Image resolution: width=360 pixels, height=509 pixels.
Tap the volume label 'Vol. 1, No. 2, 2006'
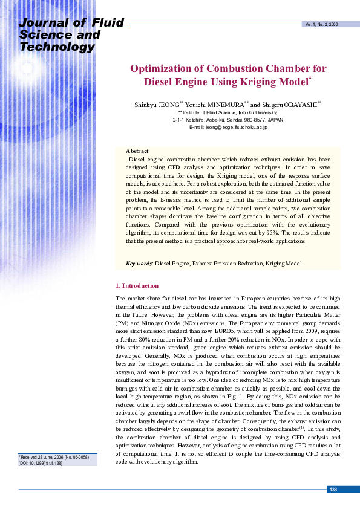(x=321, y=24)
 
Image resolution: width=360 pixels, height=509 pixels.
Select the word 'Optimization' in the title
(x=159, y=68)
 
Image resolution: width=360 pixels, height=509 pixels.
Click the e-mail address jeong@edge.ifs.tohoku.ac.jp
(x=229, y=127)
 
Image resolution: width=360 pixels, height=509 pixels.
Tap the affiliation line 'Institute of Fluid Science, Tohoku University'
(x=228, y=112)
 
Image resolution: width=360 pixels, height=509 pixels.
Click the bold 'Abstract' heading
(x=137, y=151)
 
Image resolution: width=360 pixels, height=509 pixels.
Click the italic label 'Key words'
(x=139, y=264)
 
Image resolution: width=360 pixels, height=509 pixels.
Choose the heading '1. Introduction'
(x=137, y=285)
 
